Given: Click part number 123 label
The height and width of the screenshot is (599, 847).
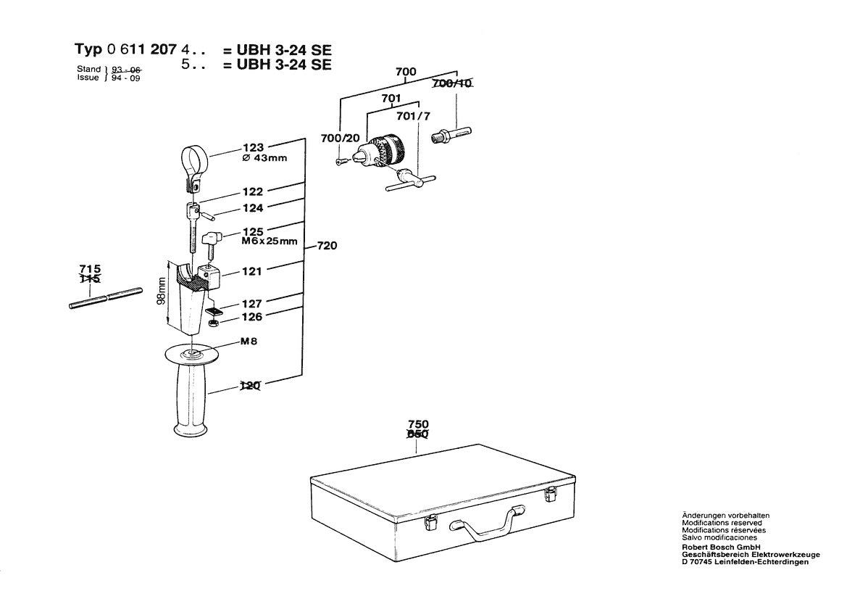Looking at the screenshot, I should click(x=254, y=146).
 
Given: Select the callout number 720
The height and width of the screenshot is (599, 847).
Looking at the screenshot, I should click(x=327, y=247).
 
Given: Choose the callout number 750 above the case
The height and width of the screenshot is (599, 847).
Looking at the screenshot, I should click(x=418, y=424).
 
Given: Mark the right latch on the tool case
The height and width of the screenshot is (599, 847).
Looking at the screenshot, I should click(x=551, y=495).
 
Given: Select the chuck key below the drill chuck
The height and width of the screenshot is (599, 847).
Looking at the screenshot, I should click(x=409, y=180).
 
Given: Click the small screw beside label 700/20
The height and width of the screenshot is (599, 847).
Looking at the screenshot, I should click(x=341, y=162).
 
